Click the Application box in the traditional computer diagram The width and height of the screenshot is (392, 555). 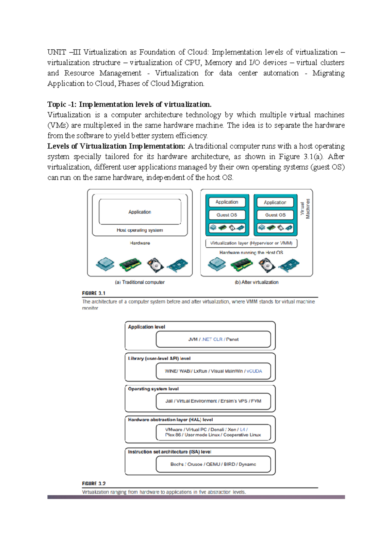click(140, 212)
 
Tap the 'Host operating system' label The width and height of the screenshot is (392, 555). click(140, 230)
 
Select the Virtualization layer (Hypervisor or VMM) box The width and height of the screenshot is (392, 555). click(251, 243)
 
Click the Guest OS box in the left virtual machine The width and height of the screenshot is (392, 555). click(227, 215)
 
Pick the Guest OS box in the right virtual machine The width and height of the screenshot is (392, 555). click(275, 215)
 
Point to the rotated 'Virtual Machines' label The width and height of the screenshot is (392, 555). click(305, 209)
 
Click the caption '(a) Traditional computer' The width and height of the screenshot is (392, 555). click(140, 282)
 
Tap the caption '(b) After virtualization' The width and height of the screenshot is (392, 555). click(256, 282)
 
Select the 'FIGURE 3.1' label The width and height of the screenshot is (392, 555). click(94, 293)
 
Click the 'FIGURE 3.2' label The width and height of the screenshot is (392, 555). click(94, 483)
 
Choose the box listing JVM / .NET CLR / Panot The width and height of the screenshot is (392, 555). click(213, 339)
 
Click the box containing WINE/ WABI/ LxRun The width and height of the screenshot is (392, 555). click(213, 371)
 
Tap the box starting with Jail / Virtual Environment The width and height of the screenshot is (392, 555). click(213, 401)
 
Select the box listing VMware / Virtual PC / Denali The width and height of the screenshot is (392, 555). click(213, 432)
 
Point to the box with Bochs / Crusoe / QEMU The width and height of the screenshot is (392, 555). click(213, 464)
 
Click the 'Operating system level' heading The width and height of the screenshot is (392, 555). click(153, 389)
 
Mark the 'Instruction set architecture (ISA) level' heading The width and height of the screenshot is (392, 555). click(170, 452)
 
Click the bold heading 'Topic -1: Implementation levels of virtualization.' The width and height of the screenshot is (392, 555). click(129, 104)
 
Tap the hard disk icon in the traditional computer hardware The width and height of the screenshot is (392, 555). click(155, 265)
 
